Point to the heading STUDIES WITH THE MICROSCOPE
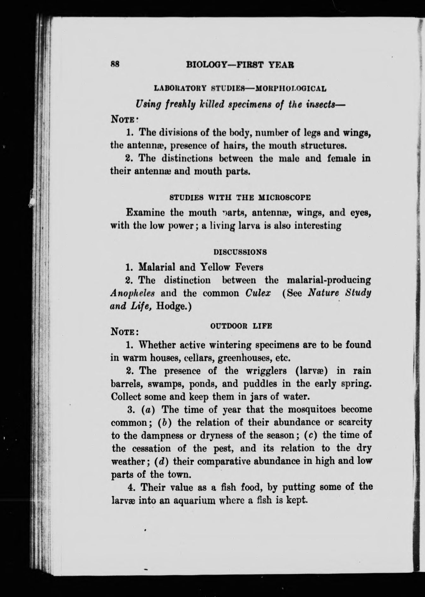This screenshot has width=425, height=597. tap(240, 198)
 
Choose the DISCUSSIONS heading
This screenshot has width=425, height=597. tap(240, 252)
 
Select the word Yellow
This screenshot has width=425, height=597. tap(215, 267)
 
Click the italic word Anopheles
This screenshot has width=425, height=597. tap(132, 294)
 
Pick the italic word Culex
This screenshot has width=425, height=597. tap(258, 293)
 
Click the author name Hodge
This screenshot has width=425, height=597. tap(175, 307)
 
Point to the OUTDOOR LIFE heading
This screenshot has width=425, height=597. tap(241, 326)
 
